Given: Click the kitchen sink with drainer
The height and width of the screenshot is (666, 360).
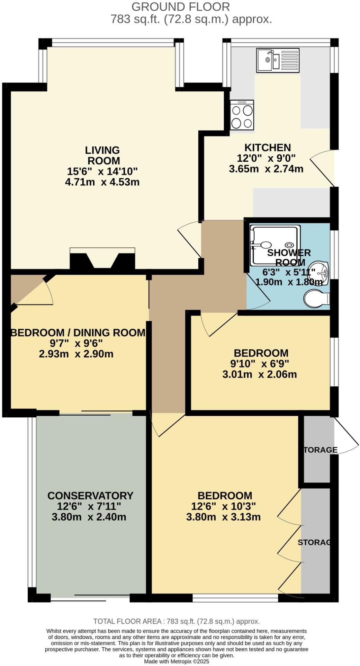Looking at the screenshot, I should click(x=277, y=60).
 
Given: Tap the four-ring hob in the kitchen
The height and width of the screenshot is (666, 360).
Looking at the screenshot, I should click(x=242, y=115).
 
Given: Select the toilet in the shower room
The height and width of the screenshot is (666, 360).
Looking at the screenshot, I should click(x=316, y=299).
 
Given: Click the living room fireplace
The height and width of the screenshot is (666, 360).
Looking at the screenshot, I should click(x=102, y=259).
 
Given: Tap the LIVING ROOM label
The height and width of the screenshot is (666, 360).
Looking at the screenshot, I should click(x=102, y=156).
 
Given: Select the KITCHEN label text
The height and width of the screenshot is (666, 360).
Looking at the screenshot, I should click(x=268, y=148).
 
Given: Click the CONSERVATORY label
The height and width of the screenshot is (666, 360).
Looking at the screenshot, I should click(x=90, y=496).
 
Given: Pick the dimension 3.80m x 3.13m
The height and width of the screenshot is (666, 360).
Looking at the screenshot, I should click(x=223, y=517).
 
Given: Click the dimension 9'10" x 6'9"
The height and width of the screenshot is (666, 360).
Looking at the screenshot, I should click(x=260, y=364).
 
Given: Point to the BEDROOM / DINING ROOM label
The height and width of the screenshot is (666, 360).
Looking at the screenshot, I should click(x=78, y=333).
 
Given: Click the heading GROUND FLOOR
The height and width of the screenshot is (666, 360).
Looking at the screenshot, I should click(x=181, y=7).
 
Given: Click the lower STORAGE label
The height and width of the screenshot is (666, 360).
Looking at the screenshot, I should click(x=314, y=542).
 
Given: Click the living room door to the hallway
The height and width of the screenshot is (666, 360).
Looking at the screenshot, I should click(x=190, y=239).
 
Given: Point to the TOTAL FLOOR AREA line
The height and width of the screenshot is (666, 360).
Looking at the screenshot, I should click(x=177, y=621).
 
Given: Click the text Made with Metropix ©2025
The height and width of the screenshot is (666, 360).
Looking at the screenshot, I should click(x=177, y=661).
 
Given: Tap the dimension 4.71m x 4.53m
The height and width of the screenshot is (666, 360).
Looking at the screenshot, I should click(x=102, y=182).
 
